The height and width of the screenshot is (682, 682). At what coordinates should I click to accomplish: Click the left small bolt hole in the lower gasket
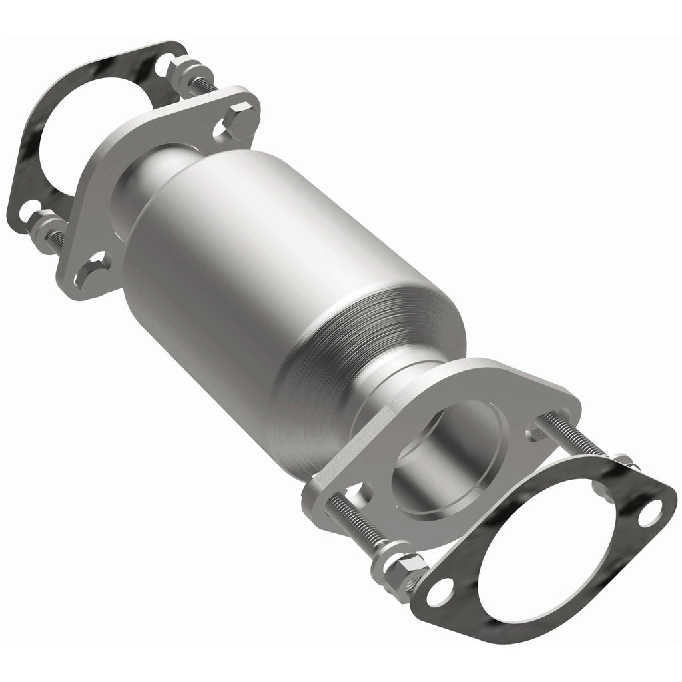tap(439, 593)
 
